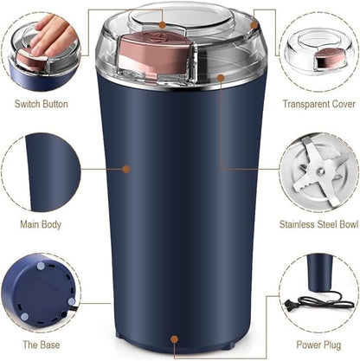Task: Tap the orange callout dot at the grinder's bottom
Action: coord(176,338)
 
